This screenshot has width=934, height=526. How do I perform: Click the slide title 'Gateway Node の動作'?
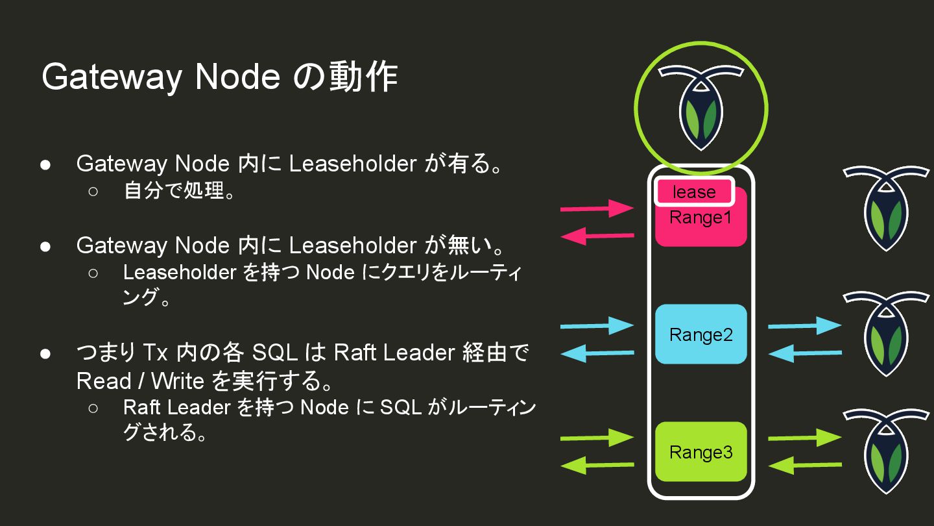[x=219, y=77]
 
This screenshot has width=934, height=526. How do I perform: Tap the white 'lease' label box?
[x=694, y=192]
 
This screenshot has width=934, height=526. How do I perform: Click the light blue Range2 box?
[x=700, y=334]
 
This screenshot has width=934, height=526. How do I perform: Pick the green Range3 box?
[x=700, y=452]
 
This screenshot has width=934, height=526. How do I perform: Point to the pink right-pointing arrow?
[x=597, y=208]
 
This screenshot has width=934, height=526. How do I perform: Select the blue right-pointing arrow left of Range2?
[x=597, y=325]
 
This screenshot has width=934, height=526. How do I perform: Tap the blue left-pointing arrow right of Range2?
[x=804, y=353]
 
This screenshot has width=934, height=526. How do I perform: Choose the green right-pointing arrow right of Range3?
[x=804, y=438]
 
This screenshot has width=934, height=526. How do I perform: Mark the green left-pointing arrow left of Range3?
[x=597, y=465]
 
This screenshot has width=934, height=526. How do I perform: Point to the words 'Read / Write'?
[x=140, y=381]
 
